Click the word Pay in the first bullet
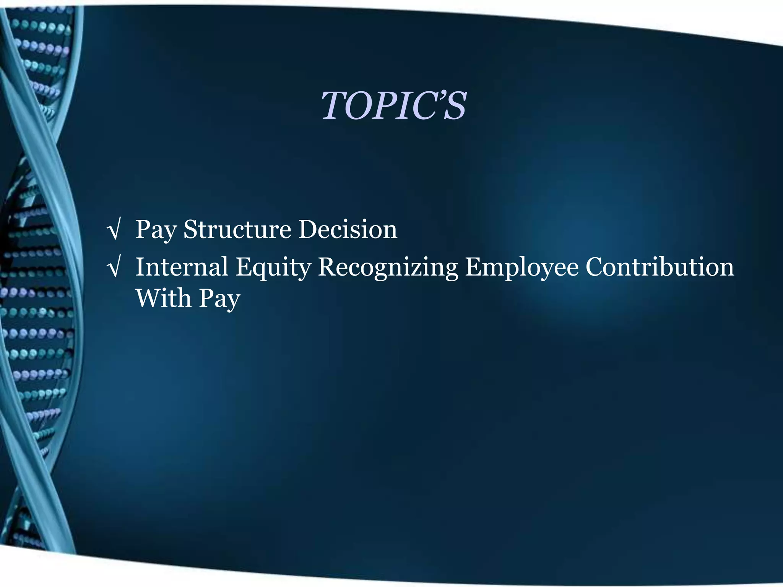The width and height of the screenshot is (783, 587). click(x=156, y=230)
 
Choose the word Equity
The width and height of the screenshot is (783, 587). click(x=273, y=268)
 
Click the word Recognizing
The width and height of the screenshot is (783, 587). click(x=388, y=268)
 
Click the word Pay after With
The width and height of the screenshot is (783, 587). click(x=219, y=299)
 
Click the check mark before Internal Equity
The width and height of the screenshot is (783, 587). click(x=114, y=268)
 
